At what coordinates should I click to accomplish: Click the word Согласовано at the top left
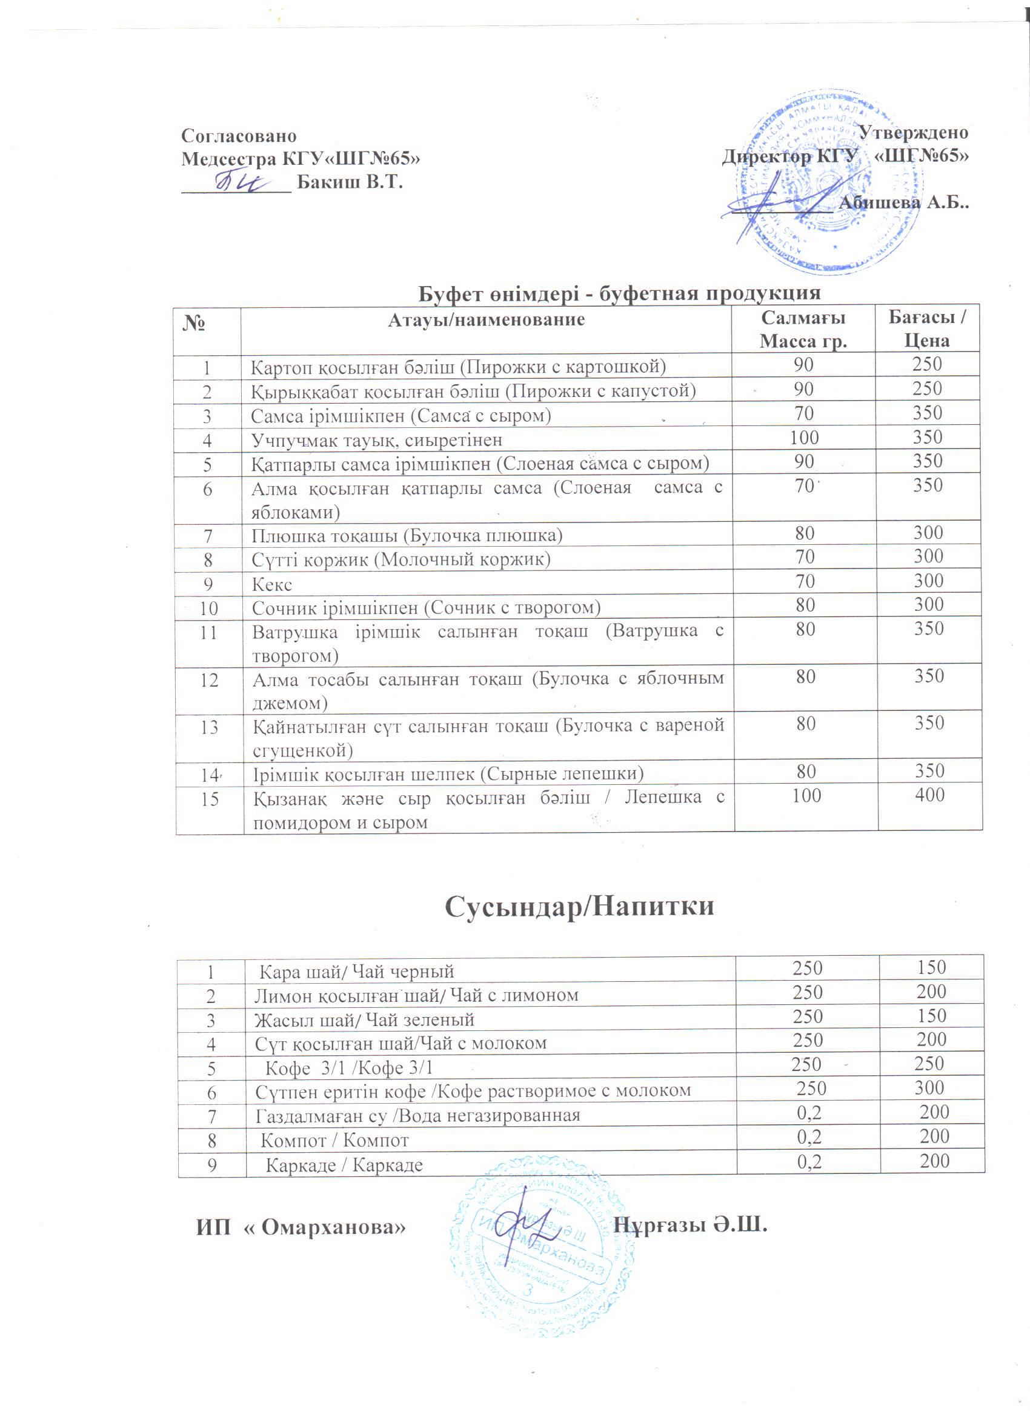tap(239, 136)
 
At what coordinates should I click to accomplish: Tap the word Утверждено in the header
tap(913, 133)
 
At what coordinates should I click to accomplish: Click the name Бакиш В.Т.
tap(349, 182)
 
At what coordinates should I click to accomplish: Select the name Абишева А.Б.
tap(903, 202)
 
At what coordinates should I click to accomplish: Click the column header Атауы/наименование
tap(486, 320)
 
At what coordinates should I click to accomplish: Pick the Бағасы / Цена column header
tap(927, 328)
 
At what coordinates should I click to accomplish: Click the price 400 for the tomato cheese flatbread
tap(929, 795)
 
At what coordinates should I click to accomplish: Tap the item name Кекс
tap(271, 584)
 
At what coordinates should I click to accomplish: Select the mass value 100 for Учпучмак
tap(804, 438)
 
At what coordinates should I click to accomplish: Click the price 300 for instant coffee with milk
tap(929, 1087)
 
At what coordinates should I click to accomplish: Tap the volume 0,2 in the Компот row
tap(809, 1136)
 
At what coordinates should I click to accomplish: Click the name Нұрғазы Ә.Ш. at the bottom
tap(689, 1224)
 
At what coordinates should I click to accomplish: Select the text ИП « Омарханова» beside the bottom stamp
tap(301, 1227)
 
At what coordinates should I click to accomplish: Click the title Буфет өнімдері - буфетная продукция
tap(619, 292)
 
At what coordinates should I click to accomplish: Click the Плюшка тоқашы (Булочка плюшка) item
tap(407, 535)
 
